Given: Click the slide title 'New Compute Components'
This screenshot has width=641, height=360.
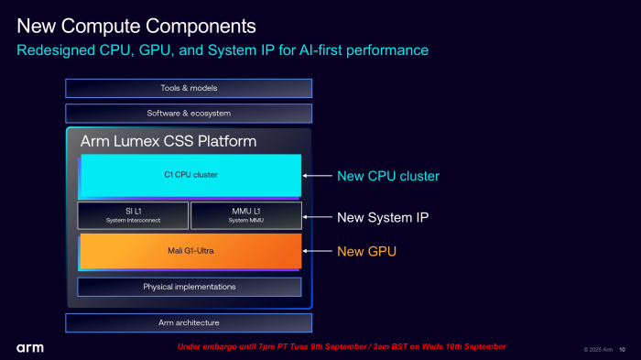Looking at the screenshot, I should coord(136,22).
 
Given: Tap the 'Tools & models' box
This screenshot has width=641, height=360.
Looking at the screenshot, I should coord(189,88).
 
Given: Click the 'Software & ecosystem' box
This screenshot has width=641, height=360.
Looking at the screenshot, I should coord(189,114).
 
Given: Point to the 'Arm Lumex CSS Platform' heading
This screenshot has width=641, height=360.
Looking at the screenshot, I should coord(168,142).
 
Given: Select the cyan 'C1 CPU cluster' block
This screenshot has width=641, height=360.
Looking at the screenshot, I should coord(190,175).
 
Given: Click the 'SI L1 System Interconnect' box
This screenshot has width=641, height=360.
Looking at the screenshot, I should coord(133,215).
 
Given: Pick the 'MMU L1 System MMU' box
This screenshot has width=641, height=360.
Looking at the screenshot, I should coord(245,215).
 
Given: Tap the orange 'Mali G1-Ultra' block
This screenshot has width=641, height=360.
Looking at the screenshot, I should coord(190,251).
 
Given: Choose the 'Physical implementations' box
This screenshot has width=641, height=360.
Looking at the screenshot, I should coord(189,287).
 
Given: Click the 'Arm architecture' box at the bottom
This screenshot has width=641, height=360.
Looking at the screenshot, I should coord(189,322).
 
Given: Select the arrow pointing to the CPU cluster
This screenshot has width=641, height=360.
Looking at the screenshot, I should coord(317,176).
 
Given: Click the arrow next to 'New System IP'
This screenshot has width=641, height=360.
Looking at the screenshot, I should coord(317,217).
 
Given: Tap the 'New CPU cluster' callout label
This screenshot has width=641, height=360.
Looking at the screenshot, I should coord(387,176).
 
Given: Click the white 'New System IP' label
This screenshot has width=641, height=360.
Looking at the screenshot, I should coord(382,217).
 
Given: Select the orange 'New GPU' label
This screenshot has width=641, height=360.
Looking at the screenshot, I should coord(366,251).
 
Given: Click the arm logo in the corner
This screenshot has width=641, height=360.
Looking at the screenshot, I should coord(29,348).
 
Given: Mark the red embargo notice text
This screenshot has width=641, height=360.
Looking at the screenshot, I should coord(341,347).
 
